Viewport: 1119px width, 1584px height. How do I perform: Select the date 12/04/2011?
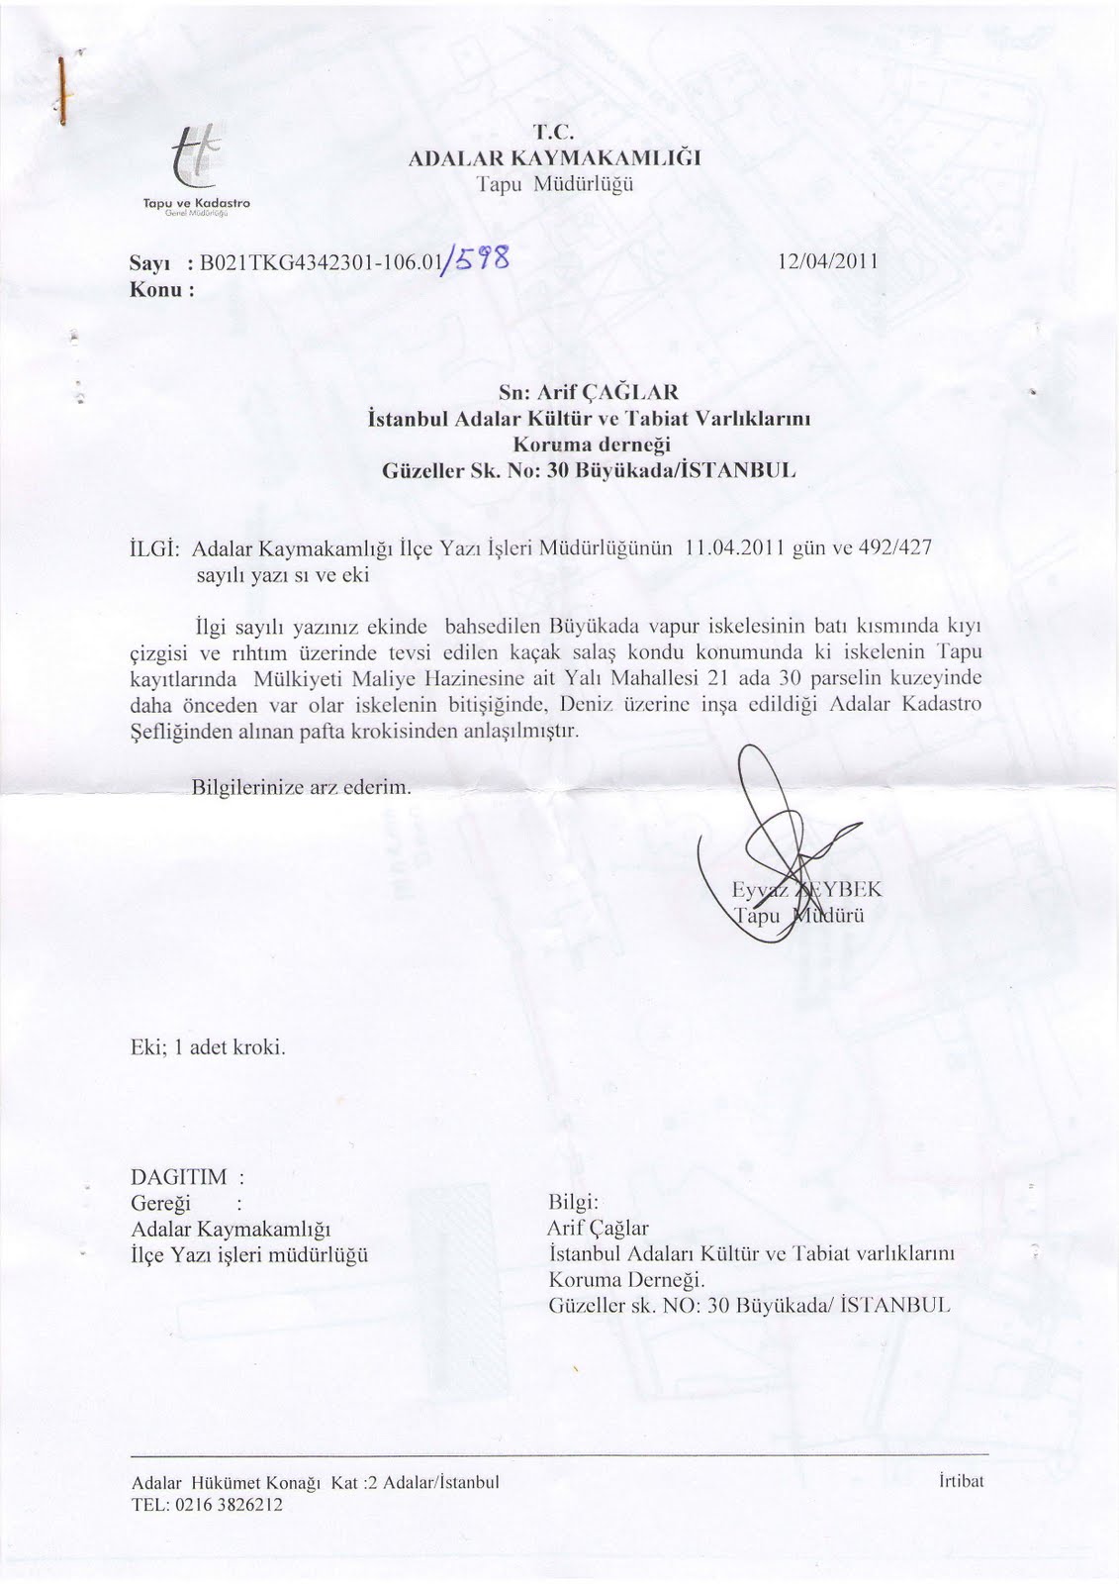tap(827, 262)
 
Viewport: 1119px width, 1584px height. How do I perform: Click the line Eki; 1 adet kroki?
tap(209, 1046)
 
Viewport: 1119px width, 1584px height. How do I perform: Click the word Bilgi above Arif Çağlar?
tap(573, 1203)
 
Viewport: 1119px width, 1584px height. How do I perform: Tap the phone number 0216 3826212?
tap(226, 1505)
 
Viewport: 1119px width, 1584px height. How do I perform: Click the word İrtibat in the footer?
tap(958, 1482)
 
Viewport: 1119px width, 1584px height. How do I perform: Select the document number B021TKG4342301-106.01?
tap(314, 263)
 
